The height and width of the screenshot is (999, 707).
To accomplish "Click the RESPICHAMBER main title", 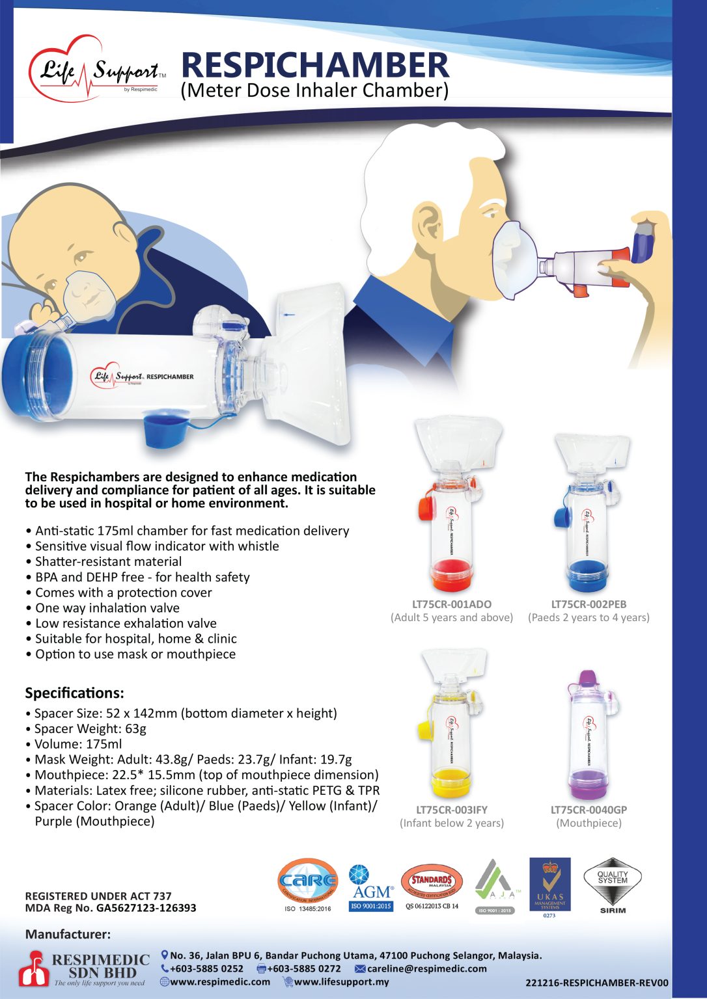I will click(314, 65).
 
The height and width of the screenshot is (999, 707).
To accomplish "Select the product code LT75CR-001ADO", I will click(452, 604).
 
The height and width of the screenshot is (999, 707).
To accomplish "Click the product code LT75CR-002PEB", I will click(589, 604).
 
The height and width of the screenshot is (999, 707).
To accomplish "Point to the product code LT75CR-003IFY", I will click(452, 810).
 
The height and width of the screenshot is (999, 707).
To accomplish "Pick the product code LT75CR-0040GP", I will click(589, 810).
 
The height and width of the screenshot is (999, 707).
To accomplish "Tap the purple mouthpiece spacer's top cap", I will click(587, 678).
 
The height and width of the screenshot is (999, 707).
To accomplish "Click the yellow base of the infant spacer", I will click(451, 780).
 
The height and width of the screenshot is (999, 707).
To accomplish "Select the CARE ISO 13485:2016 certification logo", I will click(308, 883).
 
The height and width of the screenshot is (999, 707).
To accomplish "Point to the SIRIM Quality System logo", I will click(612, 885).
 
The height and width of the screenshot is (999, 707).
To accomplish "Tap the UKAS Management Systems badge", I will click(549, 886).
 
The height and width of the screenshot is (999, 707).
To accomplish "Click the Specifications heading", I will click(74, 693).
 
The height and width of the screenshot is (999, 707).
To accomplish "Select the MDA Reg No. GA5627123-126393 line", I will click(111, 908).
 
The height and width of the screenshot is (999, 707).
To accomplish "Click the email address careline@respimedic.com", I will click(426, 968).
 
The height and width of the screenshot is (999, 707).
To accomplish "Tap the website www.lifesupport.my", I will click(341, 981).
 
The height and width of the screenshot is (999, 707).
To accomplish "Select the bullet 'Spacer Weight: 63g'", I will click(90, 728).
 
